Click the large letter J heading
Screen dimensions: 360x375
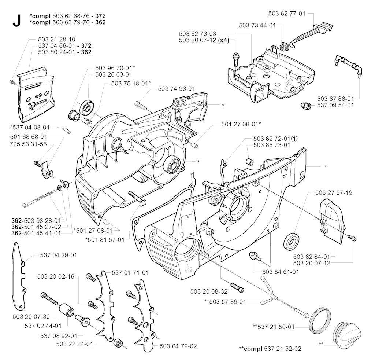[16, 21]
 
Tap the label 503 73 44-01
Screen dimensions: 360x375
[257, 26]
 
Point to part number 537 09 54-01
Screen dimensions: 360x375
[335, 105]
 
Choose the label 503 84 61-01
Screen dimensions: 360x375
[281, 272]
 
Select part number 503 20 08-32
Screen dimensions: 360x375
[209, 291]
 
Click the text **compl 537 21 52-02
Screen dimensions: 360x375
[270, 349]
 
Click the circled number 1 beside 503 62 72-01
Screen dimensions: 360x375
[294, 139]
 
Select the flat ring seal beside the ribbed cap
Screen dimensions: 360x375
[321, 319]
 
